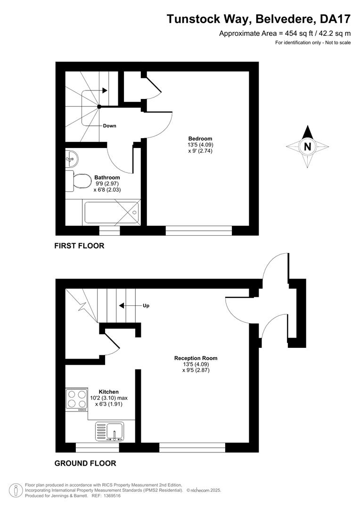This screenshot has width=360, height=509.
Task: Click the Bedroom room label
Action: tap(197, 139)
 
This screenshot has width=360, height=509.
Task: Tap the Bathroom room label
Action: tap(107, 178)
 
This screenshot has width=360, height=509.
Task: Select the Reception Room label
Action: tap(196, 358)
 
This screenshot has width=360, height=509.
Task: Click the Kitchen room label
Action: tap(109, 392)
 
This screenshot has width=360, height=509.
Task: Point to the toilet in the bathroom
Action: tap(79, 181)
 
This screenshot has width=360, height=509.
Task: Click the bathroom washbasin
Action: tap(72, 159)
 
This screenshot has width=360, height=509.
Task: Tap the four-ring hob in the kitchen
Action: tap(77, 399)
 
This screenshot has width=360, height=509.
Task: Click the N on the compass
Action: tap(307, 147)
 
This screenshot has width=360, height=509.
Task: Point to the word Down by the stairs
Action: tap(109, 126)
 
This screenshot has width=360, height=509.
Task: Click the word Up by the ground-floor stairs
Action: tap(146, 306)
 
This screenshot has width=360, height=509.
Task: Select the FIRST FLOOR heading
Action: tap(79, 246)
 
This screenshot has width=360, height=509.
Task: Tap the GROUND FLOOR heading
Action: tap(85, 463)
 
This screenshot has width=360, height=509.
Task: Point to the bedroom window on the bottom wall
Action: tap(199, 230)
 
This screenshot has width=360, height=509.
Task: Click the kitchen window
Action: tap(98, 448)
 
